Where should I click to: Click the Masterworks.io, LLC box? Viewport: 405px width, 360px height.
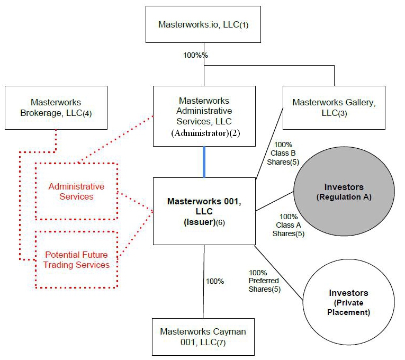203,24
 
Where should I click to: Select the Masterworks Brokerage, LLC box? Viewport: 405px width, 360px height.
56,107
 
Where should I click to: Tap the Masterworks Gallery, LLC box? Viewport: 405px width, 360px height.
334,107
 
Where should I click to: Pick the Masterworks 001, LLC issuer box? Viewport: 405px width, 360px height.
204,211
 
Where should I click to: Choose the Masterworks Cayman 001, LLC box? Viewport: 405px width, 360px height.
203,337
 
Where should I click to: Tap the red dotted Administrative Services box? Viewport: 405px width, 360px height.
76,192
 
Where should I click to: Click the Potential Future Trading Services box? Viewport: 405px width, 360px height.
76,259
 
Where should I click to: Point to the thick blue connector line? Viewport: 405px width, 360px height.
204,162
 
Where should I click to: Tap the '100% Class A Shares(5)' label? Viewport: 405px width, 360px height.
289,225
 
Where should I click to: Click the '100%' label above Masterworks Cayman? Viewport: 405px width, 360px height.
215,281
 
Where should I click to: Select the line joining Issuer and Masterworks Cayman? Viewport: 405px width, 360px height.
204,296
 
